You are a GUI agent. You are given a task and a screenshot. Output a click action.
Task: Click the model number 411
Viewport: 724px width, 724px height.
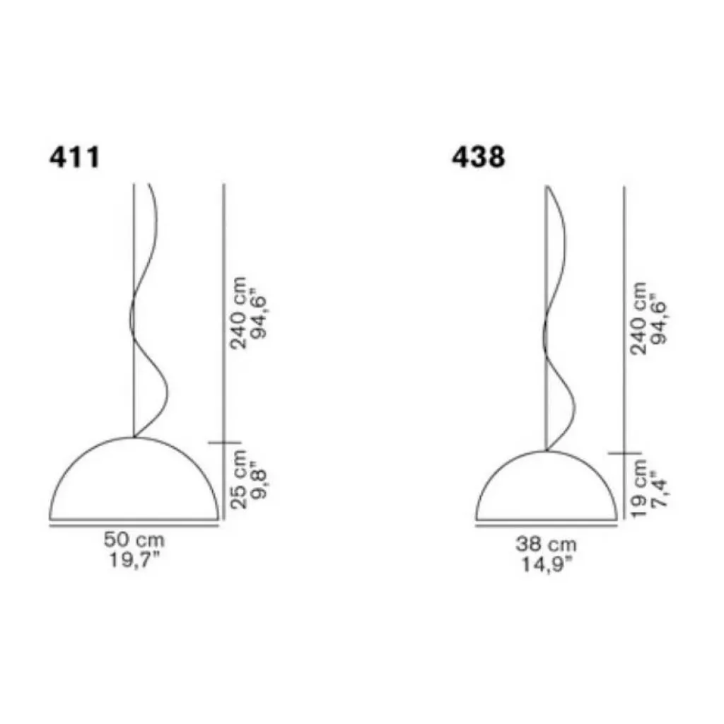pyautogui.click(x=74, y=157)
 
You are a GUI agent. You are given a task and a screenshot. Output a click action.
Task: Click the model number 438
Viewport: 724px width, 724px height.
pyautogui.click(x=479, y=157)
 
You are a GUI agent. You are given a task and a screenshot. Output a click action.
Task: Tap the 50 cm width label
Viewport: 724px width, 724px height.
pyautogui.click(x=134, y=539)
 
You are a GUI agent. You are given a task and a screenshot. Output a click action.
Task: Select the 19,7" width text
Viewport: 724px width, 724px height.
pyautogui.click(x=134, y=560)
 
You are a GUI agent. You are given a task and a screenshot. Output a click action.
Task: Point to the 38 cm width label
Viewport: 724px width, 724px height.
pyautogui.click(x=547, y=544)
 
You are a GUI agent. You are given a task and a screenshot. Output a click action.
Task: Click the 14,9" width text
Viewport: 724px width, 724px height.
pyautogui.click(x=547, y=564)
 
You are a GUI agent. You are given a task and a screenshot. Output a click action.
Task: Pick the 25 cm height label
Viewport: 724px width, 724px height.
pyautogui.click(x=238, y=480)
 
